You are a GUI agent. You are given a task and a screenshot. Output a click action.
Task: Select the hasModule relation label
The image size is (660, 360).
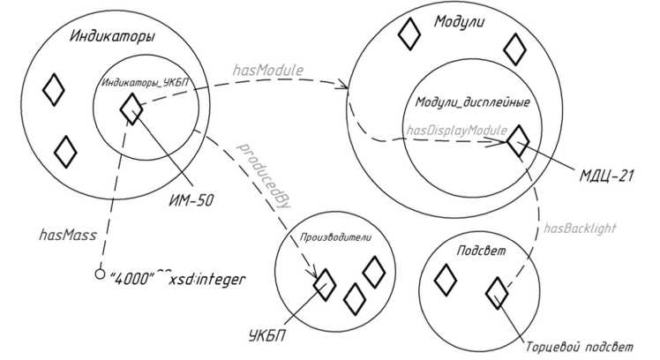pyautogui.click(x=268, y=69)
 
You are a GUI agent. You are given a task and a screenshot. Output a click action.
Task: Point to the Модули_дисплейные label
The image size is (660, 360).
pyautogui.click(x=473, y=102)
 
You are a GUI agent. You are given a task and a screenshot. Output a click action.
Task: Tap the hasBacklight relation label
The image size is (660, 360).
pyautogui.click(x=578, y=228)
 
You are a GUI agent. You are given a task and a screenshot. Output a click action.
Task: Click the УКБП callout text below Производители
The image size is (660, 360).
pyautogui.click(x=270, y=335)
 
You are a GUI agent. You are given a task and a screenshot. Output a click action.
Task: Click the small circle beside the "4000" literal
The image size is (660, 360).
pyautogui.click(x=99, y=274)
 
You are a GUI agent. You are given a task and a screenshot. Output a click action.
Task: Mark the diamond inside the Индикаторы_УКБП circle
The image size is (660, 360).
pyautogui.click(x=131, y=109)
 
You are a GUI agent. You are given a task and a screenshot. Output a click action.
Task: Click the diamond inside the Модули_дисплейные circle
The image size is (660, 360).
pyautogui.click(x=517, y=139)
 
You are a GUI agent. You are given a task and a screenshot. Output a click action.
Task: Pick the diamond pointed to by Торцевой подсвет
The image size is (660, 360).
pyautogui.click(x=497, y=291)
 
